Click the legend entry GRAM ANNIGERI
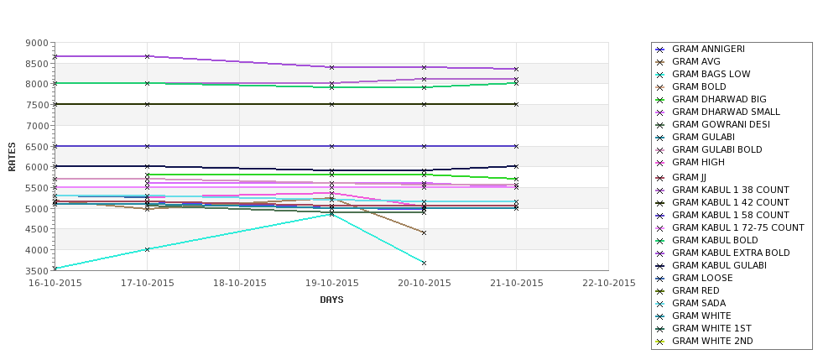[708, 50]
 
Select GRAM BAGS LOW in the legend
[711, 75]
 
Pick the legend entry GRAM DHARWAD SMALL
[726, 112]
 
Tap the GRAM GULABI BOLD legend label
[716, 150]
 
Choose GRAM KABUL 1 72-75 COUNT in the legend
[737, 228]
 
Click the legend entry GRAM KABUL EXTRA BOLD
[731, 253]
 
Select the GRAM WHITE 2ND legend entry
[712, 342]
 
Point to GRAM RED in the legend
[696, 291]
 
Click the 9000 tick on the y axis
[36, 43]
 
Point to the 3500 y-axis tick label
[36, 271]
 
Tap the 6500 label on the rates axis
[36, 147]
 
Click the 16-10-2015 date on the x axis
[55, 283]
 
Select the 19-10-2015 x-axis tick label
[331, 283]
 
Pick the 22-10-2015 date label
[608, 283]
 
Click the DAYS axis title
[331, 300]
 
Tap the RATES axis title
[13, 156]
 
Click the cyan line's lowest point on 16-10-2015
[55, 269]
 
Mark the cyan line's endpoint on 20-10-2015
[424, 263]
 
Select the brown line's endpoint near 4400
[424, 232]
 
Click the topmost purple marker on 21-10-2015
[516, 69]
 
